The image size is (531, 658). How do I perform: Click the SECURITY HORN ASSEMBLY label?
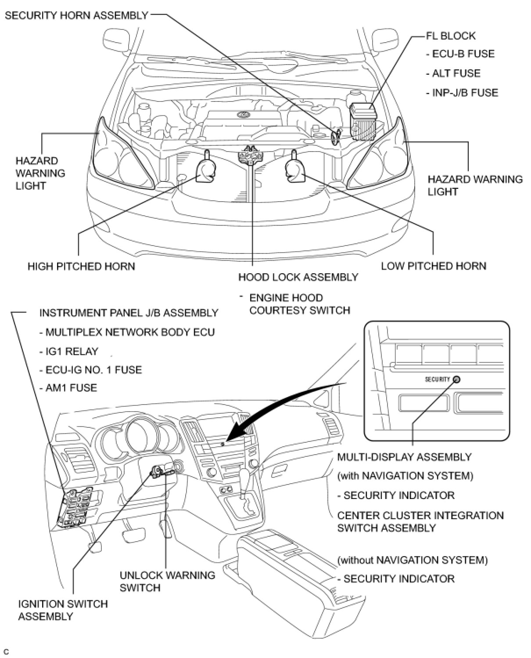pos(76,16)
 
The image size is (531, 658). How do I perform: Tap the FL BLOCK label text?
pos(450,36)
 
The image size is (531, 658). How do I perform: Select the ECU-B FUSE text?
pos(463,54)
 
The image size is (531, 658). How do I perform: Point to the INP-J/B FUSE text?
pos(465,93)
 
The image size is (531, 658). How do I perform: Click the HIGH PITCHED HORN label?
pos(81,266)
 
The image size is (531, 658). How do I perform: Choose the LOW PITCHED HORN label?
pos(433,266)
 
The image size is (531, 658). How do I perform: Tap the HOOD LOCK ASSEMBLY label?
pos(298,277)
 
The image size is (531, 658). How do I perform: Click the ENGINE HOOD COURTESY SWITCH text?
pos(299,304)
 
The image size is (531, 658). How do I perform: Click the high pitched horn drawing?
pos(205,169)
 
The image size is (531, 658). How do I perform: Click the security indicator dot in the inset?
pos(456,380)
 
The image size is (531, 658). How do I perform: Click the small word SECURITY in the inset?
pos(437,380)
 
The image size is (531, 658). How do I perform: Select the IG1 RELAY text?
pos(72,351)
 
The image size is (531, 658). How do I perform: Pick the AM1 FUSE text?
pos(71,388)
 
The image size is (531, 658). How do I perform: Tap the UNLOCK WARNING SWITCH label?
pos(167,581)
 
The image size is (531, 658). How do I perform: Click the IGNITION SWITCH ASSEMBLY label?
pos(63,610)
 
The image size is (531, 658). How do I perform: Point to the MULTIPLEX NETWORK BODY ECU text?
pos(130,332)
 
